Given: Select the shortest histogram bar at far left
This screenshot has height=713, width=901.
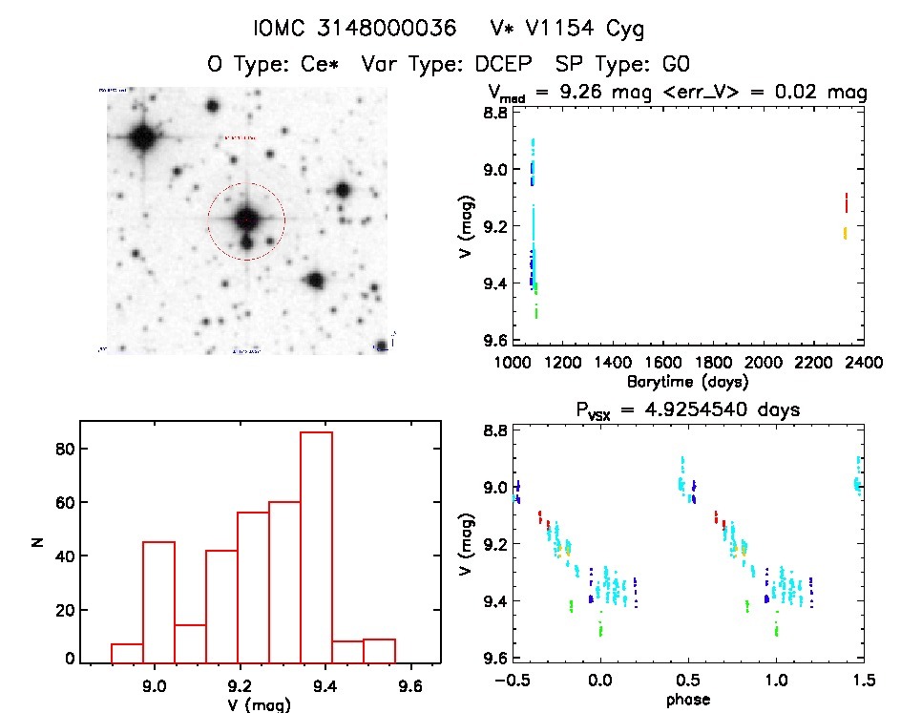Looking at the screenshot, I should coord(127,653).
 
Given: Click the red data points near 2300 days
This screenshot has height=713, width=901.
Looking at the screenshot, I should coord(846,202).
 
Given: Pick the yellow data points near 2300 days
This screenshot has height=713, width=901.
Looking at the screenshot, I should coord(845,233).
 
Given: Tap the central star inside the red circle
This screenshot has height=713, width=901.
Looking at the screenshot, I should coord(246,220).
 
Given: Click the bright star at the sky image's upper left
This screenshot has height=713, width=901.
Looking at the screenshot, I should coord(144,137).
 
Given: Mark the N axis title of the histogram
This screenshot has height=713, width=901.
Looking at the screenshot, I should coord(38,543).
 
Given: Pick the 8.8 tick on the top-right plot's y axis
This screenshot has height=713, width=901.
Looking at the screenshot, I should coord(493,113).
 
